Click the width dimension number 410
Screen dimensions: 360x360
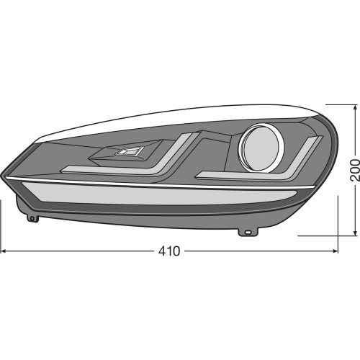168,251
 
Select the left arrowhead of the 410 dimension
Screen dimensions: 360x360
4,251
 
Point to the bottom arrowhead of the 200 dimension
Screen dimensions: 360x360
355,231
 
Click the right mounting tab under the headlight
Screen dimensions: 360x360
246,232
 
